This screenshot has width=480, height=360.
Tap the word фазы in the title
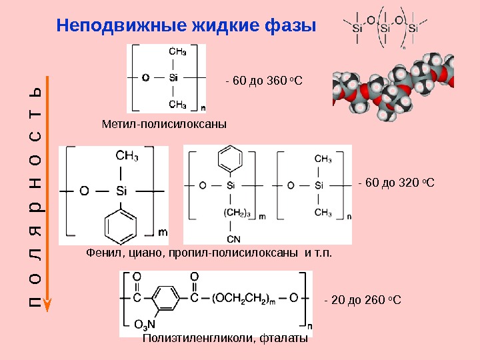tap(289, 26)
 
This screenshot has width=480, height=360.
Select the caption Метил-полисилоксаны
tap(165, 124)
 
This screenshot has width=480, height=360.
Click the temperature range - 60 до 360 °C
tap(264, 81)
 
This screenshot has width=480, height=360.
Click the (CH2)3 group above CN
tap(236, 213)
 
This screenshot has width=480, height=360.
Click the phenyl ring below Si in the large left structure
tap(120, 225)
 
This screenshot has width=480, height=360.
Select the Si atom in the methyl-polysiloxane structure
tap(173, 78)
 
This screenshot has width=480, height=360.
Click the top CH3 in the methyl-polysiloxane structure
tap(177, 52)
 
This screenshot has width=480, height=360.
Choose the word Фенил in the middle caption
tap(102, 254)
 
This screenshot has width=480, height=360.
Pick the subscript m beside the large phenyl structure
tap(163, 233)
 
